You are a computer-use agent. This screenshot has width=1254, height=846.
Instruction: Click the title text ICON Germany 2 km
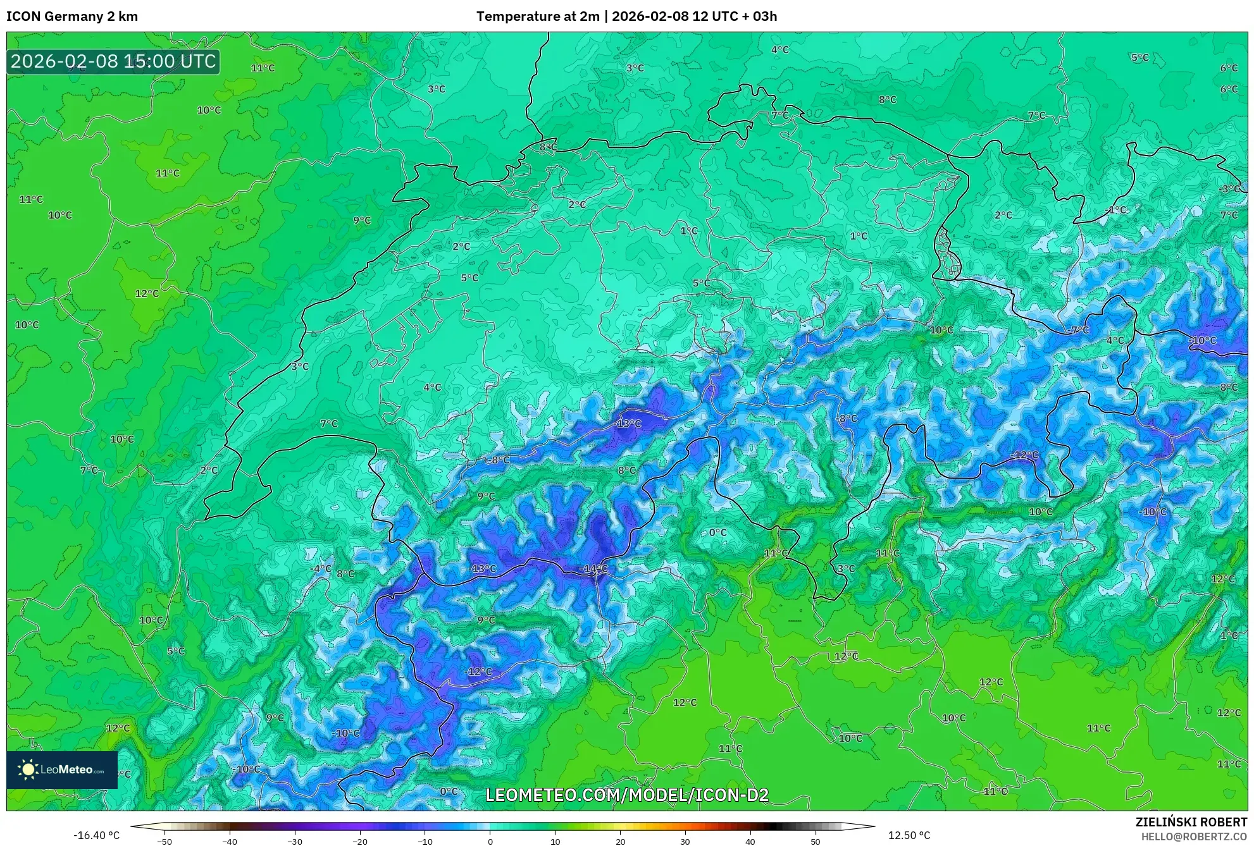tap(72, 16)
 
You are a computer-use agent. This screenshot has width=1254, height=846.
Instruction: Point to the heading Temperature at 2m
tap(537, 16)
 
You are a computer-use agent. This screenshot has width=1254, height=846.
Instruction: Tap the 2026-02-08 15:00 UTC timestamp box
tap(113, 62)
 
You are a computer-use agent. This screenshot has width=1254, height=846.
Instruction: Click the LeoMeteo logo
tap(62, 769)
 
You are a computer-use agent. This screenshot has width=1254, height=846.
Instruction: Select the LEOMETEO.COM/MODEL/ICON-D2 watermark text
tap(627, 795)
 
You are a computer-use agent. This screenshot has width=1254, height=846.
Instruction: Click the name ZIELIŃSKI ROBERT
tap(1191, 822)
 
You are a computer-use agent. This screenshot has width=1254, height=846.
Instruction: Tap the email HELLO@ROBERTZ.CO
tap(1193, 837)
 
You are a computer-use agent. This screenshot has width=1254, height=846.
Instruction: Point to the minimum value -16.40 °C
tap(96, 835)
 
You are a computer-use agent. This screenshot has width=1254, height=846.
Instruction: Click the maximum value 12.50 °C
tap(909, 835)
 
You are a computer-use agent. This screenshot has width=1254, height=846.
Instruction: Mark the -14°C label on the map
tap(593, 569)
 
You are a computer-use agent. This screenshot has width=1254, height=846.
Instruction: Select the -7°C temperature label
tap(1079, 330)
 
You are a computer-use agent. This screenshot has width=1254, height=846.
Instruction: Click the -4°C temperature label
tap(321, 568)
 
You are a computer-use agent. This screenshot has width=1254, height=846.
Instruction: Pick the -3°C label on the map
tap(1230, 189)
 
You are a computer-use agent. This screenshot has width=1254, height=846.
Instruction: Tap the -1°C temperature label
tap(1116, 210)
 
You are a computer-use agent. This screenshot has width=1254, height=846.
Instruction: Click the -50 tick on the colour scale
tap(165, 842)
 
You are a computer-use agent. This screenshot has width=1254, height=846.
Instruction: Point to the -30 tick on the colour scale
tap(295, 842)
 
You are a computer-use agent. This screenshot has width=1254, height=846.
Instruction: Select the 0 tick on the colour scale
tap(490, 842)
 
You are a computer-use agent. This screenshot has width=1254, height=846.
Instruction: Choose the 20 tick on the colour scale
tap(620, 842)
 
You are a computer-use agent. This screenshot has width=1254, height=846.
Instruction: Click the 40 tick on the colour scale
tap(750, 842)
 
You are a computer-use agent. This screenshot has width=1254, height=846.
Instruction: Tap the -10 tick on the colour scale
tap(425, 842)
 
